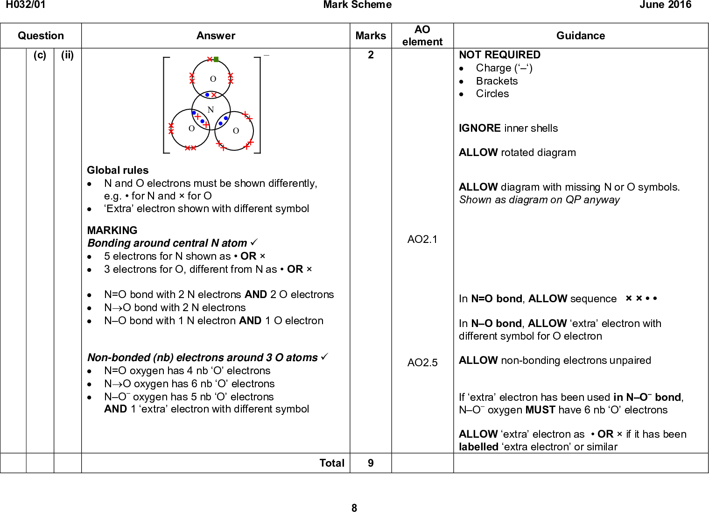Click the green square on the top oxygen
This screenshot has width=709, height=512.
click(x=216, y=59)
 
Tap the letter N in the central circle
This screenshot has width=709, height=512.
click(x=211, y=110)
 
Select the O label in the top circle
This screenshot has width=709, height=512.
click(x=213, y=79)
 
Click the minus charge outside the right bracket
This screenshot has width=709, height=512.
click(x=267, y=55)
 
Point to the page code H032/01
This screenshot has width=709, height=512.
click(x=26, y=5)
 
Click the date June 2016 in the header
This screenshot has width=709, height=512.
click(x=665, y=5)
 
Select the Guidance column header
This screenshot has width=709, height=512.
click(x=580, y=36)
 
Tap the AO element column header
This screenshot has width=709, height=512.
click(x=422, y=36)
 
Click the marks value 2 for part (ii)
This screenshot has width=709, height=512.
click(x=371, y=55)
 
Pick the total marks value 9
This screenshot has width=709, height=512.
click(x=371, y=463)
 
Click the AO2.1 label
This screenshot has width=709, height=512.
click(x=422, y=239)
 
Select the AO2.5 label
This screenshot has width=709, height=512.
click(x=422, y=363)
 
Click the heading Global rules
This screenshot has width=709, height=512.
click(x=118, y=170)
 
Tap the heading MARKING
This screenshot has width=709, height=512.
click(x=112, y=230)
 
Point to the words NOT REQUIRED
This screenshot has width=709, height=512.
click(x=499, y=55)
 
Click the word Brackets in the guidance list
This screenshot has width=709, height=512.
click(x=497, y=81)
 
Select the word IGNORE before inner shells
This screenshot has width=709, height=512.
click(x=479, y=128)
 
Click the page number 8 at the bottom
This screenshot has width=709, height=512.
click(x=354, y=508)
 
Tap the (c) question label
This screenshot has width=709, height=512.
click(x=40, y=55)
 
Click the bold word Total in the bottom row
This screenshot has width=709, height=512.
click(x=332, y=463)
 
